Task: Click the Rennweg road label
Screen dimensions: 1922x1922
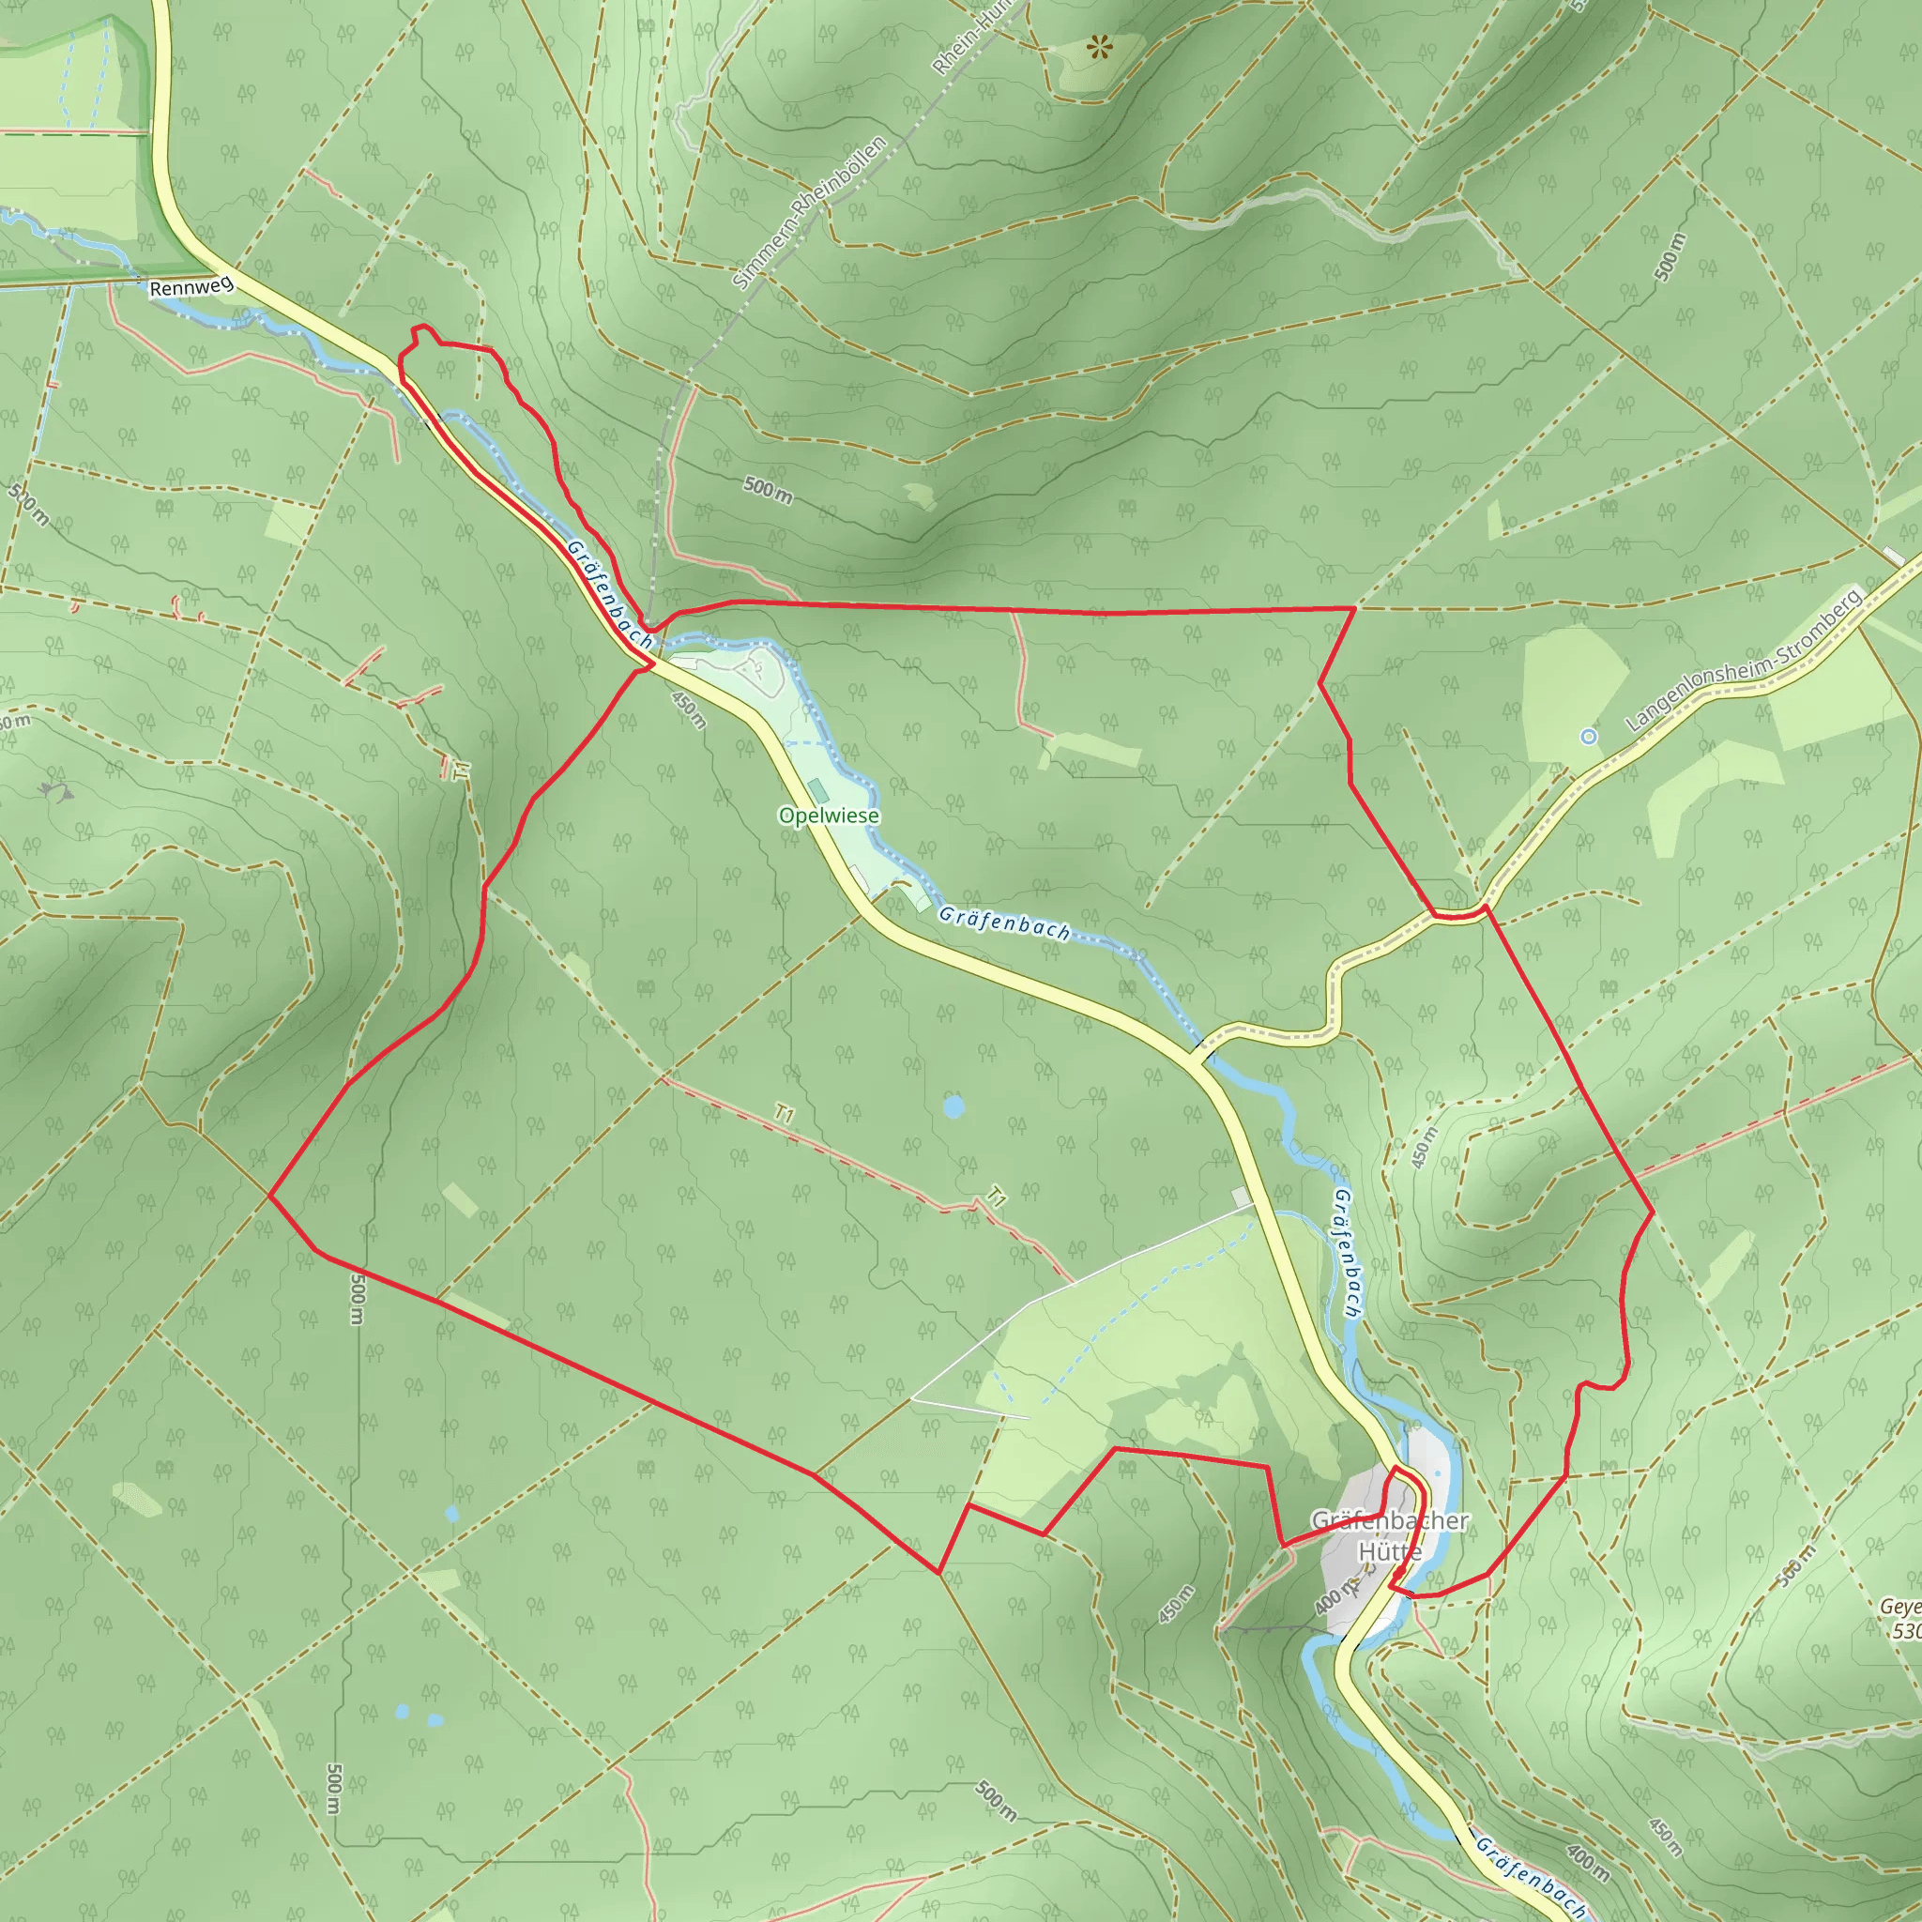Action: pyautogui.click(x=191, y=288)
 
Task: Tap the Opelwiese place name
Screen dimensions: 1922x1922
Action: pyautogui.click(x=829, y=816)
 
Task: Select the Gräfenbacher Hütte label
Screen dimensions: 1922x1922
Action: pyautogui.click(x=1390, y=1535)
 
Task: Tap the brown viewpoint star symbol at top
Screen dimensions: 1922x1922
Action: pyautogui.click(x=1098, y=46)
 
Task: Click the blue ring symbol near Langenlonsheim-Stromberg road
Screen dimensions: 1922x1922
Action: pyautogui.click(x=1589, y=736)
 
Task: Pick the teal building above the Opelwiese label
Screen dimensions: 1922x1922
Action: pyautogui.click(x=817, y=791)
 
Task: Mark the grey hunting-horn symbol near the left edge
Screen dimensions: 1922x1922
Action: pyautogui.click(x=56, y=791)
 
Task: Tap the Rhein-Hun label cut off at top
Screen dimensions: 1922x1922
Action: pyautogui.click(x=971, y=38)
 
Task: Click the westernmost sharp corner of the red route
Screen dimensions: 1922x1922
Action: pyautogui.click(x=269, y=1196)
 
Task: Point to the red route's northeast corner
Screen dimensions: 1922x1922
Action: pyautogui.click(x=1355, y=607)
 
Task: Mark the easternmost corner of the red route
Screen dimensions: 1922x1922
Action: pyautogui.click(x=1653, y=1212)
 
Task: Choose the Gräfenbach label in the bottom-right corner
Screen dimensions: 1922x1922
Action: pyautogui.click(x=1530, y=1875)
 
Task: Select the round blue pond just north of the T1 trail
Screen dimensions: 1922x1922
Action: pyautogui.click(x=953, y=1106)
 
